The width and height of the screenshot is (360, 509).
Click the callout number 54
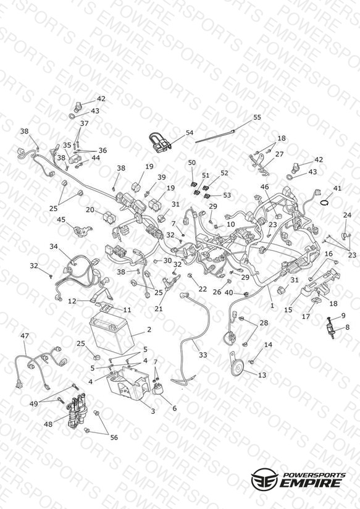pyautogui.click(x=189, y=132)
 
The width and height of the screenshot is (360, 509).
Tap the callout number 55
pyautogui.click(x=257, y=117)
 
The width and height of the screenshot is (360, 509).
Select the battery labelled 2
pyautogui.click(x=112, y=336)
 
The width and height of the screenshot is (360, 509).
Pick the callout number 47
pyautogui.click(x=25, y=335)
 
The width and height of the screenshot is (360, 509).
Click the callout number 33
pyautogui.click(x=203, y=355)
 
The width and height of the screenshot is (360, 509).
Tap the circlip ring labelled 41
pyautogui.click(x=324, y=203)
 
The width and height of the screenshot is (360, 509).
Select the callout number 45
pyautogui.click(x=61, y=220)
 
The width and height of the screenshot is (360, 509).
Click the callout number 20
pyautogui.click(x=90, y=209)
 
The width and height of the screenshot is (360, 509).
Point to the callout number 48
pyautogui.click(x=48, y=424)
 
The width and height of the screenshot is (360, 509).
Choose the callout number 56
pyautogui.click(x=114, y=437)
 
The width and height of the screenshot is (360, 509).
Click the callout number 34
pyautogui.click(x=54, y=246)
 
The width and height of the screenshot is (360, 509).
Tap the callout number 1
pyautogui.click(x=272, y=305)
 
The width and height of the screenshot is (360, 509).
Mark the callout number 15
pyautogui.click(x=288, y=309)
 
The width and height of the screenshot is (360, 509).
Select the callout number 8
pyautogui.click(x=347, y=327)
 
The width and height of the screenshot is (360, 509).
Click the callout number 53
pyautogui.click(x=227, y=195)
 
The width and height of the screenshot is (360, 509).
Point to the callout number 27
pyautogui.click(x=279, y=154)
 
